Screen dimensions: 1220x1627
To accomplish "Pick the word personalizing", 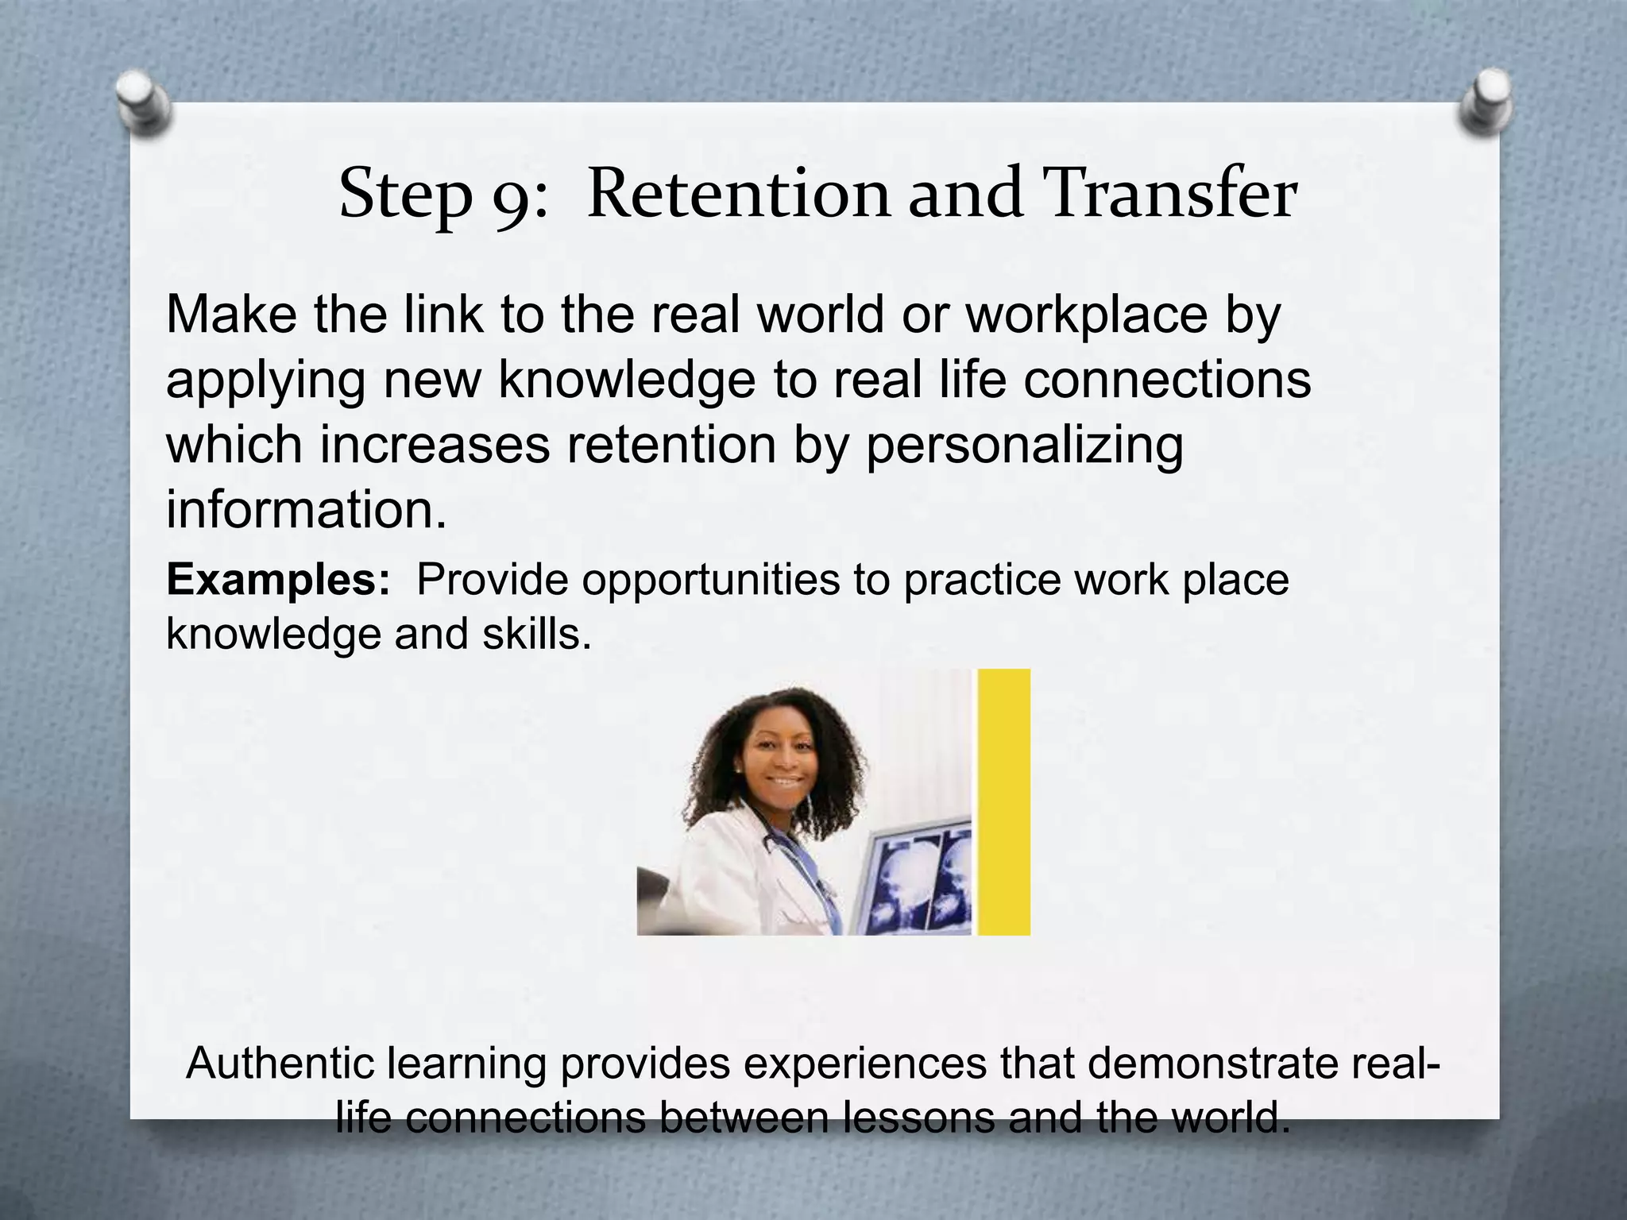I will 1024,445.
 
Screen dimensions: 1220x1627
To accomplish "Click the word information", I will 306,509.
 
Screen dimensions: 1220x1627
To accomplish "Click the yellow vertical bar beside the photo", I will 1003,802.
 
